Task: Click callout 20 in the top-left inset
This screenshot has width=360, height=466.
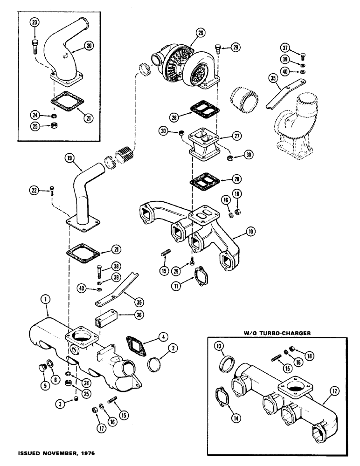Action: click(88, 46)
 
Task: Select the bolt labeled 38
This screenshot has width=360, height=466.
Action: click(100, 271)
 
